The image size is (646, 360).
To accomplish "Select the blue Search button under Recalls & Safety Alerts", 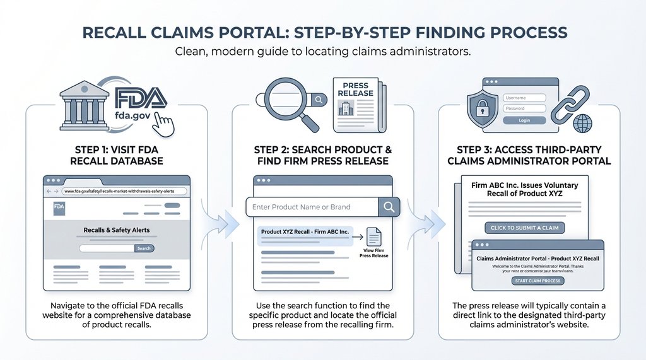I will coord(144,248).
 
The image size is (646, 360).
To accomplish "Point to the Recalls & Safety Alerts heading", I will coord(117,230).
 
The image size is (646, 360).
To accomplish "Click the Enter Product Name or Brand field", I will coord(312,207).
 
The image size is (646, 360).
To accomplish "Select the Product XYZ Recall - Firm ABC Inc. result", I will coord(305,232).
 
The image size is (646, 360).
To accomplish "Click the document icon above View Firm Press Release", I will coord(374,236).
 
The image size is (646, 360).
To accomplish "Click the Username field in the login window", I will coord(524,98).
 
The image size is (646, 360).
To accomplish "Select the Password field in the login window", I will coord(524,108).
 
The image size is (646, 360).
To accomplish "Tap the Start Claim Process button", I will coord(537,281).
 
